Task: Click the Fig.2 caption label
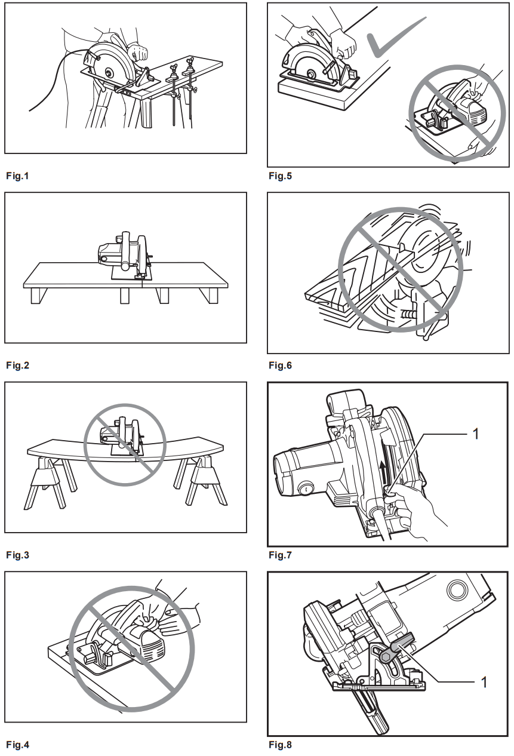pyautogui.click(x=17, y=365)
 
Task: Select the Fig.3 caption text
pyautogui.click(x=17, y=555)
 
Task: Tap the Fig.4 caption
pyautogui.click(x=17, y=745)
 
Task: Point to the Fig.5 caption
pyautogui.click(x=280, y=176)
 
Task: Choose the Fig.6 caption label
pyautogui.click(x=280, y=365)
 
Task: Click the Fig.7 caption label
pyautogui.click(x=280, y=555)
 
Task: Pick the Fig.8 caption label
pyautogui.click(x=280, y=745)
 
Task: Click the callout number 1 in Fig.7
pyautogui.click(x=476, y=434)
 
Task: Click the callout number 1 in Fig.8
pyautogui.click(x=484, y=681)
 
